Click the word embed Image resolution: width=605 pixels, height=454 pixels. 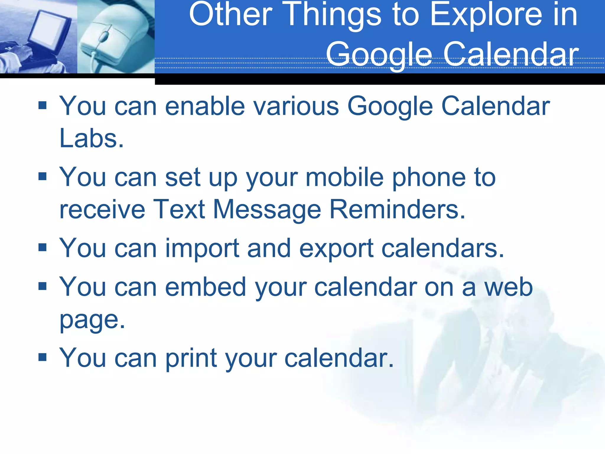(206, 287)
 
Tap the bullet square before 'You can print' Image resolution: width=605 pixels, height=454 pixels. (43, 357)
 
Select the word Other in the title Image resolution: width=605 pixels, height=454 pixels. (230, 15)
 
